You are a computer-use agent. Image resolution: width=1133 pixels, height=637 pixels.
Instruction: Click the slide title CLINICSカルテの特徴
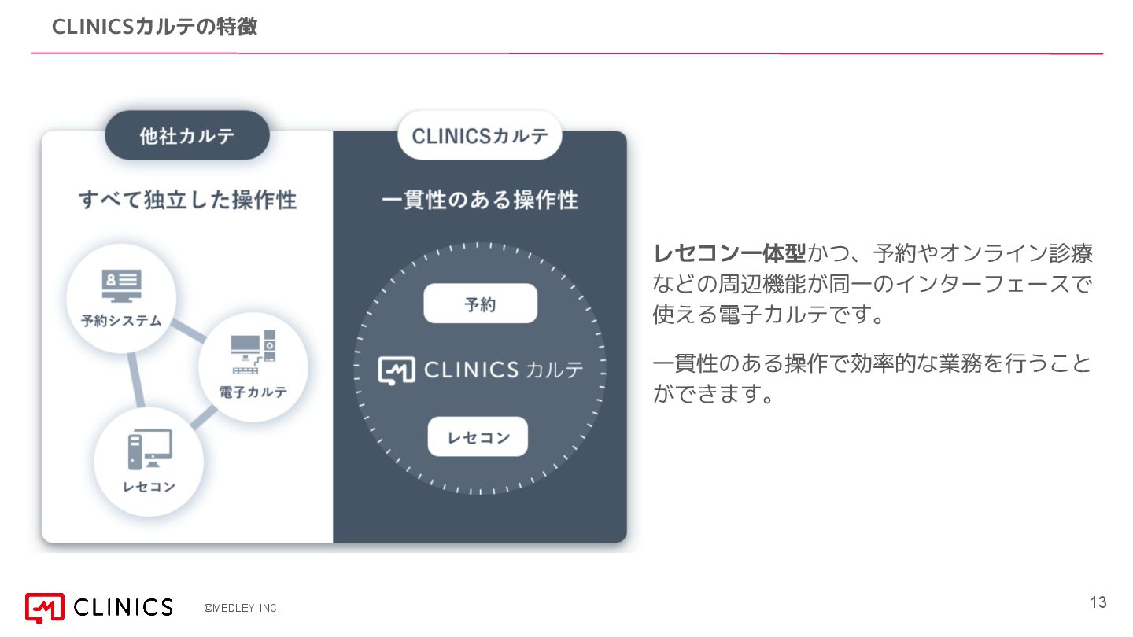(154, 27)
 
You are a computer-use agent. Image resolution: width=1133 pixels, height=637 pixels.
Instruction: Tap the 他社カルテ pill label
(187, 136)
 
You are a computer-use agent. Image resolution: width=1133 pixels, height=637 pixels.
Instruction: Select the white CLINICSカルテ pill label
(480, 136)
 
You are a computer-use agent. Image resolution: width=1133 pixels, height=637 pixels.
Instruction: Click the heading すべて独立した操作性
(188, 200)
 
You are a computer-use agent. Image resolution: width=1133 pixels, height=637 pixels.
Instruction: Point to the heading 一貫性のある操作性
(480, 200)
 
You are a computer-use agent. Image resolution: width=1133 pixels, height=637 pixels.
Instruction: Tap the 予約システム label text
(121, 321)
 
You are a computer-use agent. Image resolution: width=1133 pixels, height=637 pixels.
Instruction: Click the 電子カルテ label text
(253, 392)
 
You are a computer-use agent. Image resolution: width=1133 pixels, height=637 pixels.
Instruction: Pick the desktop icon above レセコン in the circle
(149, 450)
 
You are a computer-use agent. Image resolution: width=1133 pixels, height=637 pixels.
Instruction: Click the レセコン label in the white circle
(149, 487)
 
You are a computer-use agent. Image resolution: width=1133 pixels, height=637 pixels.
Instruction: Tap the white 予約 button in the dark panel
(480, 304)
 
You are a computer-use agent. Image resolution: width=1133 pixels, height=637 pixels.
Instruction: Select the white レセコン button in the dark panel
(478, 437)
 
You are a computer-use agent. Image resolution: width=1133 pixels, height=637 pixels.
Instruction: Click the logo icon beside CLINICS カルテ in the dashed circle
(397, 370)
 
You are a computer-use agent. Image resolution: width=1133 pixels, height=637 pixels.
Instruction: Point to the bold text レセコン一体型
(729, 254)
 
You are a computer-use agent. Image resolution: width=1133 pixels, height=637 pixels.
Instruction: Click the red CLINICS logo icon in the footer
(44, 607)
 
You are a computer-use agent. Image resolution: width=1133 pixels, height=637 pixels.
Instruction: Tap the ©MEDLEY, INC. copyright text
(242, 609)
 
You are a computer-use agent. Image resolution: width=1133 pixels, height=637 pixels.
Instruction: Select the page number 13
(1098, 603)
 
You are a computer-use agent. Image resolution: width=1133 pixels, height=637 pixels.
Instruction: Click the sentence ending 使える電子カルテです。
(769, 315)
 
